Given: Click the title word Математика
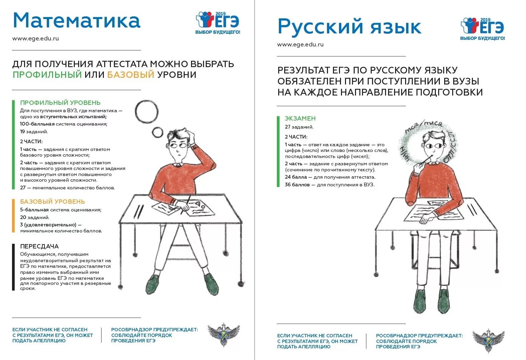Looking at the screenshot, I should pos(76,21).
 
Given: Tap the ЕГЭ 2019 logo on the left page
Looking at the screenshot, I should pos(218,22).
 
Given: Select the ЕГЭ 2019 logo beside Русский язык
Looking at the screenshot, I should pos(483,28).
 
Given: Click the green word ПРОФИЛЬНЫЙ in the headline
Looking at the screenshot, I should pos(47,74).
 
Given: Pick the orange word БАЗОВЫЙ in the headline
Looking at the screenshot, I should pos(131,74).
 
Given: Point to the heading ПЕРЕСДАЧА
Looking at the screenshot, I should pos(39,246).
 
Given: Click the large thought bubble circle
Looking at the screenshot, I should pos(147,112).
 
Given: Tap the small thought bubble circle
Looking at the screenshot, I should pos(157,133).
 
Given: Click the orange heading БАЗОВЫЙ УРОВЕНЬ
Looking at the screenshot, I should pos(52,202).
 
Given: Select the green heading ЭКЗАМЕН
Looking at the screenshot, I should pos(300,119).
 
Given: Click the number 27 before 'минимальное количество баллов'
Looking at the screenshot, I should pos(23,188).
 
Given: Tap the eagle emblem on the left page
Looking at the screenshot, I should pos(223,335).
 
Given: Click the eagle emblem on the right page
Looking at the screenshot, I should pos(488,341).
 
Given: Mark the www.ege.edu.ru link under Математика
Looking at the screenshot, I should pos(35,38).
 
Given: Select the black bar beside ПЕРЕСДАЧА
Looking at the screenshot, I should pos(13,267).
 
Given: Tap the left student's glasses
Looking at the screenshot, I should pos(179,146).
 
